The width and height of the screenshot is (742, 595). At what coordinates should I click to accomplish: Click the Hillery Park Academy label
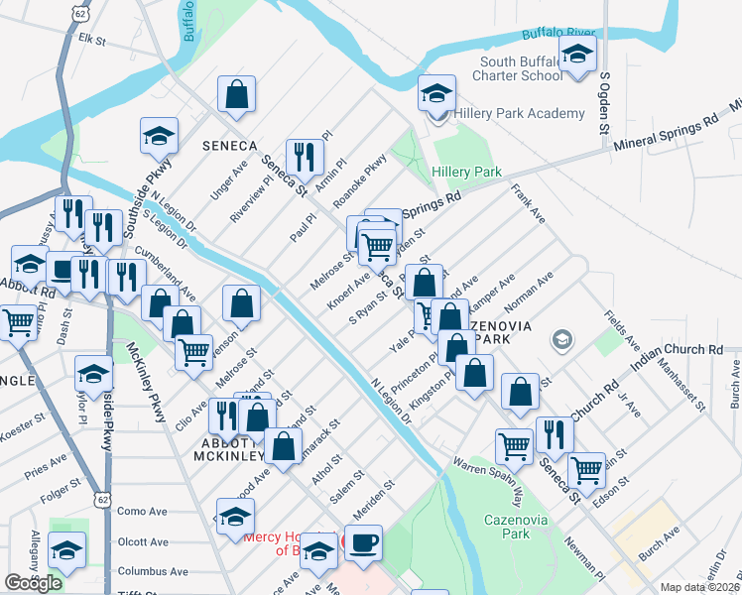519,114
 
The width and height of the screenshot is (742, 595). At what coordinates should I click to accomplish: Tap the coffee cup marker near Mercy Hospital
364,542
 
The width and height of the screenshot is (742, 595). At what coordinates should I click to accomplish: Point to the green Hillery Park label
466,172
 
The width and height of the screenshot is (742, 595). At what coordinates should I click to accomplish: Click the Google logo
33,583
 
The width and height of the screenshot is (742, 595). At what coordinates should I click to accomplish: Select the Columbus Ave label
152,571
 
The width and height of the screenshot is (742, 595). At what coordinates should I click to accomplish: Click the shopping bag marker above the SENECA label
237,95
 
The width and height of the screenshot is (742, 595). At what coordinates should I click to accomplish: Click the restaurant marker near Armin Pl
305,157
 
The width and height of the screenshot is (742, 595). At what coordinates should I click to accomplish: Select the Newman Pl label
584,559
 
